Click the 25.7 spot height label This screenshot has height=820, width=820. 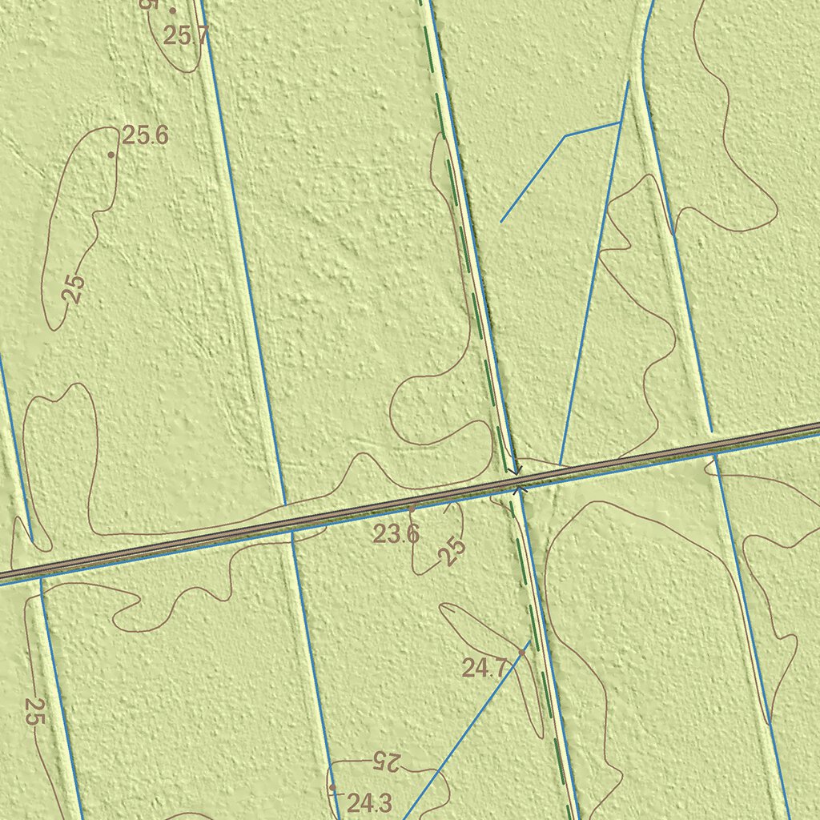coord(185,35)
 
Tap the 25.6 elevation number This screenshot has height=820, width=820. coord(146,135)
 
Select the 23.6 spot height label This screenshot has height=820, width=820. coord(396,534)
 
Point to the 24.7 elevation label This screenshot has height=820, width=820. coord(484,667)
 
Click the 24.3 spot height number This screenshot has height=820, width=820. coord(369,802)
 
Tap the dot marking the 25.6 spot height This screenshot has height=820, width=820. coord(111,155)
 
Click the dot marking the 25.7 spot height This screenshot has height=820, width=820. coord(172,10)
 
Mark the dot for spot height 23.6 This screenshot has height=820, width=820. coord(412,508)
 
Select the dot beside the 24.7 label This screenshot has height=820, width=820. coord(521,653)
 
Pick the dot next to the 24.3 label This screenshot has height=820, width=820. coord(332,788)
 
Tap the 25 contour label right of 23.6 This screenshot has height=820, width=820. coord(452,552)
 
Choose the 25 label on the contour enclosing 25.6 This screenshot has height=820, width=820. coord(74,288)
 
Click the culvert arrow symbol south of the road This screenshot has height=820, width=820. coord(518,488)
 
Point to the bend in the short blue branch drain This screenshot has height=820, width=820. coord(565,136)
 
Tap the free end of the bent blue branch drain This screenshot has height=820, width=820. coord(501,222)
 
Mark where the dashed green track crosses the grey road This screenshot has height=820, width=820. coord(515,480)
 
